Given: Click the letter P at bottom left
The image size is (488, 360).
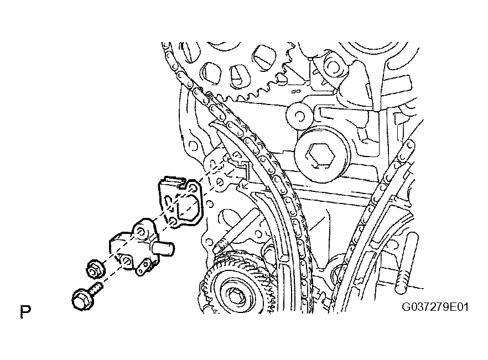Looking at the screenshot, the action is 25,312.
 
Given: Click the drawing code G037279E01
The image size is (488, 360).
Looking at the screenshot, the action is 435,307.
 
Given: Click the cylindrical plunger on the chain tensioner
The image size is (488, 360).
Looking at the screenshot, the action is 163,249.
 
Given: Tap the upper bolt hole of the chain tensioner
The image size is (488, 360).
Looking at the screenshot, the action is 141,232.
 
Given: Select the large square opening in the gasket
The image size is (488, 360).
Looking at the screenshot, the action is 189,208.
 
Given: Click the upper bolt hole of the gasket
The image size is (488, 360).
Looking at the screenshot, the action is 193,187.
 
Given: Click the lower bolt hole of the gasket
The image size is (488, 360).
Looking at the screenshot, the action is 173,221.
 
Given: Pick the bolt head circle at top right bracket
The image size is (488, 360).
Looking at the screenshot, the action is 333,66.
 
